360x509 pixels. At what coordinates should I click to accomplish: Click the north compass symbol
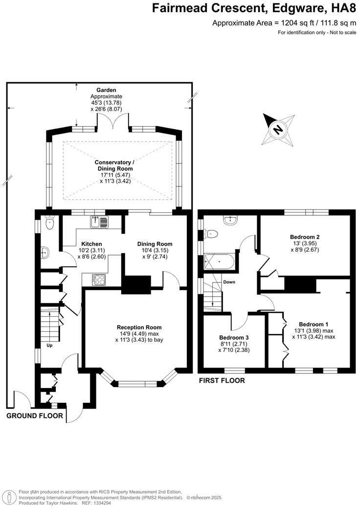275,128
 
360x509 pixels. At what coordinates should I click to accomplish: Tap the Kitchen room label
91,244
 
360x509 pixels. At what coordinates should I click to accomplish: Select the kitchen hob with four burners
99,279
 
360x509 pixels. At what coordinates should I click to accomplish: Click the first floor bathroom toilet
209,234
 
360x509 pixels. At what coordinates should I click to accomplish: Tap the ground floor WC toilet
49,224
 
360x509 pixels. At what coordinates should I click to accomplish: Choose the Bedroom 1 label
314,324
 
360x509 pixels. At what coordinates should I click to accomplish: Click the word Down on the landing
229,282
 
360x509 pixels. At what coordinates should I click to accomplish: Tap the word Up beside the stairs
49,345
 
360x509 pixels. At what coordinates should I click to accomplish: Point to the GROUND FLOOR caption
35,416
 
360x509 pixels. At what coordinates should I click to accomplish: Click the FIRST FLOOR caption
222,380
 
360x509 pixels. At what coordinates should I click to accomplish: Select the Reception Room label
139,327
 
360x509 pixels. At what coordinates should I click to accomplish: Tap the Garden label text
106,90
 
